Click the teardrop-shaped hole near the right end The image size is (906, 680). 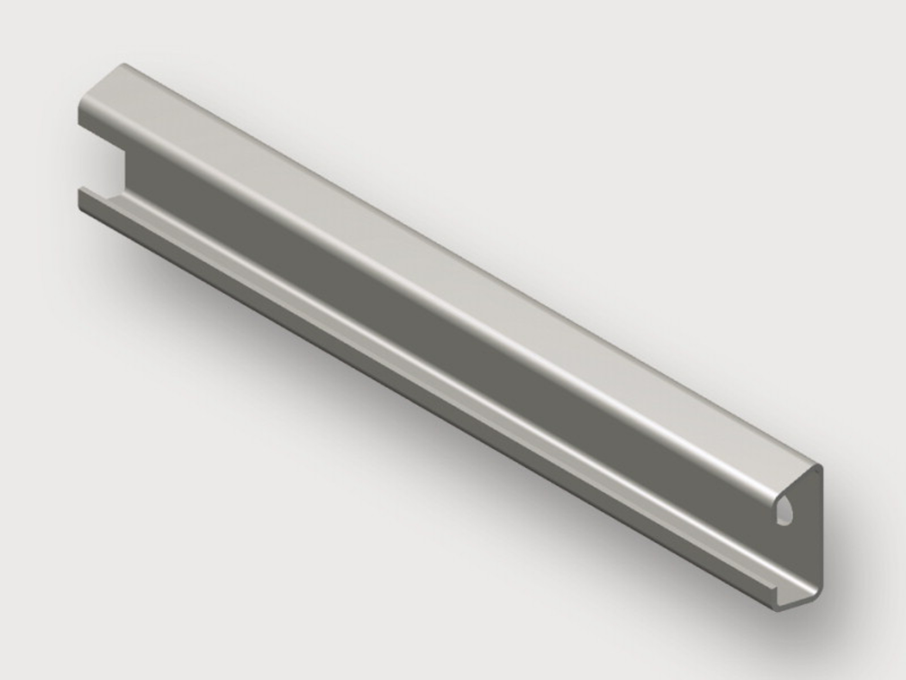(x=783, y=513)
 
